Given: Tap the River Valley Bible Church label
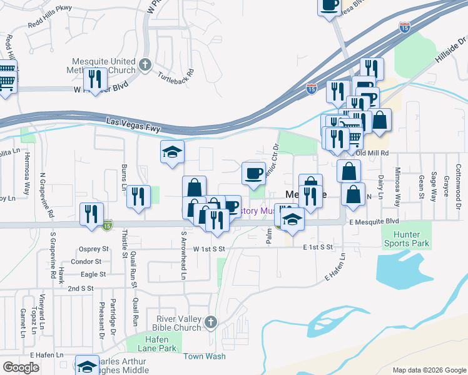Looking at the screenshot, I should click(178, 323).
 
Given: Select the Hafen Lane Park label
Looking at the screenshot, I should click(153, 342).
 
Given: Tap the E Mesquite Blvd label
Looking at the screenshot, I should click(374, 221).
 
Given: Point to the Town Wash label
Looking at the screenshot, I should click(204, 356).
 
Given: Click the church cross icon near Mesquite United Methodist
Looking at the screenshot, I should click(145, 64).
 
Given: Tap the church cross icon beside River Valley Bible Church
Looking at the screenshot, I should click(211, 322).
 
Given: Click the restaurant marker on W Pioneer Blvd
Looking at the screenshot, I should click(95, 79).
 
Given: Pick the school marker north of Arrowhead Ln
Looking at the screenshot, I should click(172, 152).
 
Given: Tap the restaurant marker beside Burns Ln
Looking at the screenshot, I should click(138, 196).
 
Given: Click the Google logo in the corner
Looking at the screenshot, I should click(21, 367).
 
